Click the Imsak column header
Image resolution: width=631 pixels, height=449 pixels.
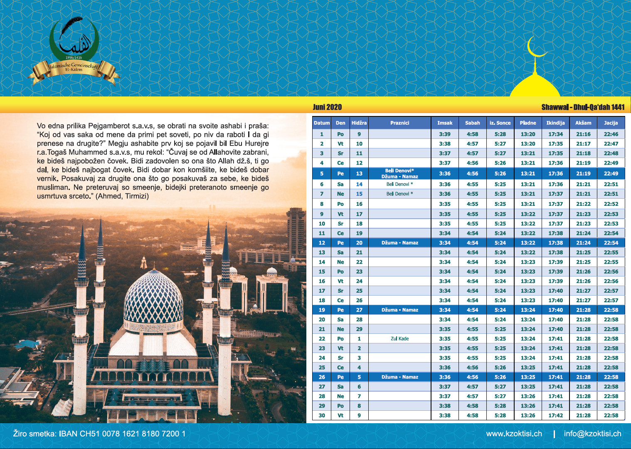444,123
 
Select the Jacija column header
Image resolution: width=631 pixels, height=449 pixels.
611,123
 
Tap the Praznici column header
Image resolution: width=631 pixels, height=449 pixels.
399,123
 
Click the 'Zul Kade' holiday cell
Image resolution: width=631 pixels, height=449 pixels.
399,338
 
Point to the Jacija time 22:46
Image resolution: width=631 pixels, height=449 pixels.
611,134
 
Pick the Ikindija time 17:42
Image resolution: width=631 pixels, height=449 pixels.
555,415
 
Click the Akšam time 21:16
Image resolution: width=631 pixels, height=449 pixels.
583,134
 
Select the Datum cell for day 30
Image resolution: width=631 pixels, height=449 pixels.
322,415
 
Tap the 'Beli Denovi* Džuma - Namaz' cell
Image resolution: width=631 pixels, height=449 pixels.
399,173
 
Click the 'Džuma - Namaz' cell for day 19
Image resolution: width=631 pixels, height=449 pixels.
399,310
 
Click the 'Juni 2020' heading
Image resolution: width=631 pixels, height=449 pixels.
327,107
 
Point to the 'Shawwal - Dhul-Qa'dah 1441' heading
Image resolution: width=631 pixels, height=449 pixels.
583,107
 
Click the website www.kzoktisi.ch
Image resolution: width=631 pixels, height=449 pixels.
514,434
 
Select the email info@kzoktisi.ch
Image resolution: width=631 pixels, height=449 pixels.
592,434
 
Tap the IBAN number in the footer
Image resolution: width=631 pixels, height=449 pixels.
122,434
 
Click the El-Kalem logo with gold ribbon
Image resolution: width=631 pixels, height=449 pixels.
74,52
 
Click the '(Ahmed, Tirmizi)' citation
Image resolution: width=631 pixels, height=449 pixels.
122,196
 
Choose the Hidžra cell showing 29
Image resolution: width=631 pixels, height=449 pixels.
359,329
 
